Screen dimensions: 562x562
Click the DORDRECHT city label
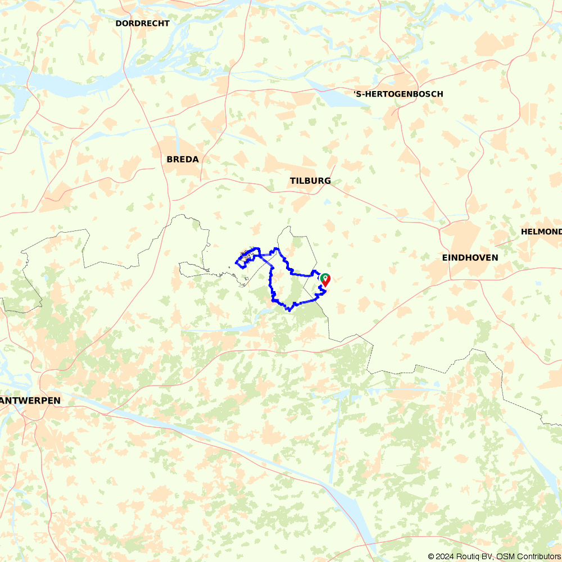point(142,24)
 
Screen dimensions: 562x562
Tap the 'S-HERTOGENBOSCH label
point(398,94)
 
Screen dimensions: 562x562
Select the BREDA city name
point(183,160)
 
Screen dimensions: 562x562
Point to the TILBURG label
point(310,181)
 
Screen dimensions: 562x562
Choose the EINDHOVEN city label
point(470,257)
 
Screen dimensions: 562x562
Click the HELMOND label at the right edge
point(541,232)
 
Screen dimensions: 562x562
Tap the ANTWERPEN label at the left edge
point(30,400)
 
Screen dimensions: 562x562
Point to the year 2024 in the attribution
point(445,556)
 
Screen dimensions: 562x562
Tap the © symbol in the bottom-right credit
point(431,556)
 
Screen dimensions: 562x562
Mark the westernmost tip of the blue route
point(235,262)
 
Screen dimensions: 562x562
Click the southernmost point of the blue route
point(288,310)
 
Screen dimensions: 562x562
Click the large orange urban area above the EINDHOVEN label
point(462,236)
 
